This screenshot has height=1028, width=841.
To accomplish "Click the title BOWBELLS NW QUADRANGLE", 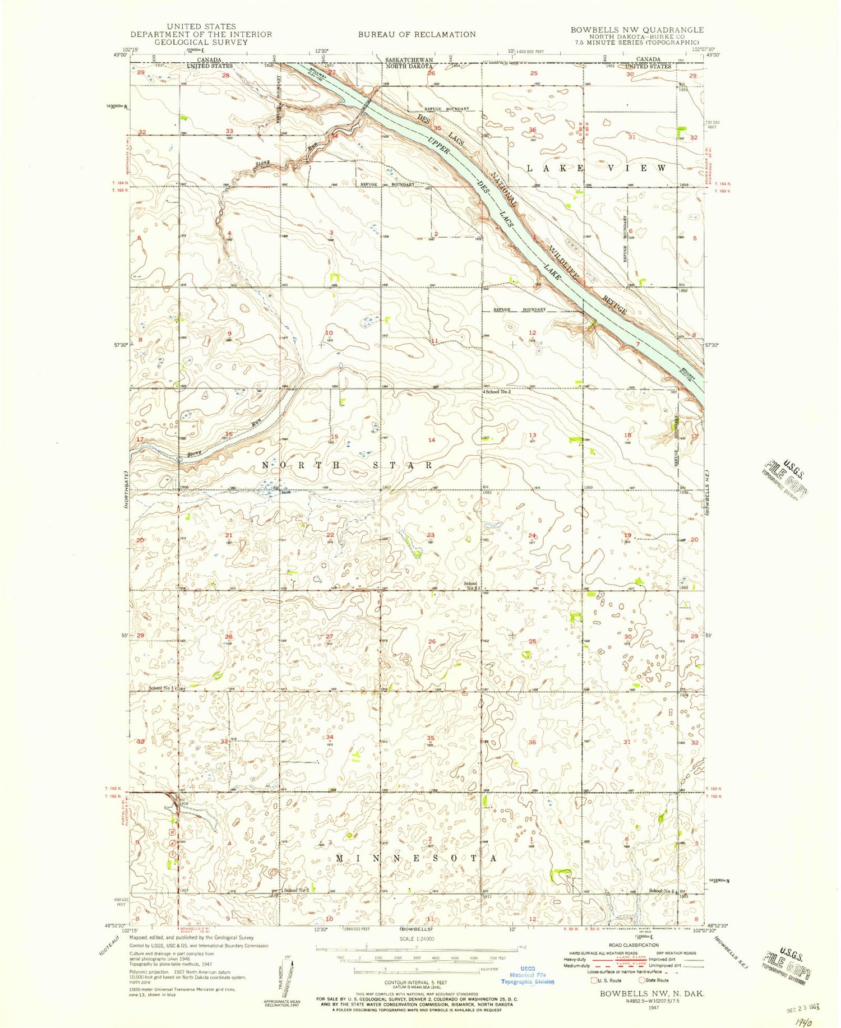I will coord(637,30).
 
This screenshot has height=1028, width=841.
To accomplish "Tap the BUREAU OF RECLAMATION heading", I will coord(417,34).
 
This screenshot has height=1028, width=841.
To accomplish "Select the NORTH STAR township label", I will coord(348,465).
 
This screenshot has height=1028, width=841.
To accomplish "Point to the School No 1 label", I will coord(161,688).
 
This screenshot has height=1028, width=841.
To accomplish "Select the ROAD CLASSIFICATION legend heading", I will coord(631,944).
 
